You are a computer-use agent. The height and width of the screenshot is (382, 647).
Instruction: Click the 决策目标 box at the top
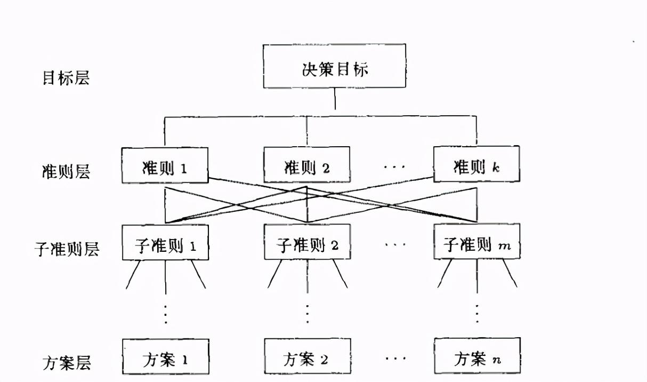coord(334,66)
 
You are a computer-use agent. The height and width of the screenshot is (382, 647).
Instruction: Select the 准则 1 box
coord(165,165)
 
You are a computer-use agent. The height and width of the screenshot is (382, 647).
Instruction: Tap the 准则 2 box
coord(307,165)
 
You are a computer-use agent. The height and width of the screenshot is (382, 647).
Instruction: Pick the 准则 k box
coord(476,165)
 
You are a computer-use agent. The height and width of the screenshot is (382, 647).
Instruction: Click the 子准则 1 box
coord(165,243)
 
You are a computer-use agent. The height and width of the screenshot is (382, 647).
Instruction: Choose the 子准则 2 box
coord(307,243)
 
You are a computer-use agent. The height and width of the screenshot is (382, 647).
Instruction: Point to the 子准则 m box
coord(476,243)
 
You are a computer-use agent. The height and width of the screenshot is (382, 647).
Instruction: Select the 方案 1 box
coord(165,356)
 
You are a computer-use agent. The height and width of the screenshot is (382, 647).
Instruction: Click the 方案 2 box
coord(307,356)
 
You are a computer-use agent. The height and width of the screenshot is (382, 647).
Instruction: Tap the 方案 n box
coord(476,356)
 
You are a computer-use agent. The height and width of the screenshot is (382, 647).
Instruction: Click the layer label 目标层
coord(66,78)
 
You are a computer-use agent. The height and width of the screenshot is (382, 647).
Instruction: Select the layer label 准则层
coord(66,171)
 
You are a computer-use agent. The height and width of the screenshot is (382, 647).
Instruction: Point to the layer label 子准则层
coord(67,249)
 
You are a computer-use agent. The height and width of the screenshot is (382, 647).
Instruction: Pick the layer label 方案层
coord(66,363)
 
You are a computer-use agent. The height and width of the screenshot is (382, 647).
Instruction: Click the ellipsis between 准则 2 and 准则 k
coord(394,167)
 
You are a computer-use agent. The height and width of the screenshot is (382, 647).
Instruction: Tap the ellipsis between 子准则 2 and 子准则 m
coord(394,245)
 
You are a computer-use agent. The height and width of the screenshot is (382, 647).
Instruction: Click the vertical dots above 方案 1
coord(166,314)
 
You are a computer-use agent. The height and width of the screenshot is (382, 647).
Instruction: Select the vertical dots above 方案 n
coord(477,314)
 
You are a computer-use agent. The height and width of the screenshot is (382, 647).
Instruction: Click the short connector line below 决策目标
coord(335,99)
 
